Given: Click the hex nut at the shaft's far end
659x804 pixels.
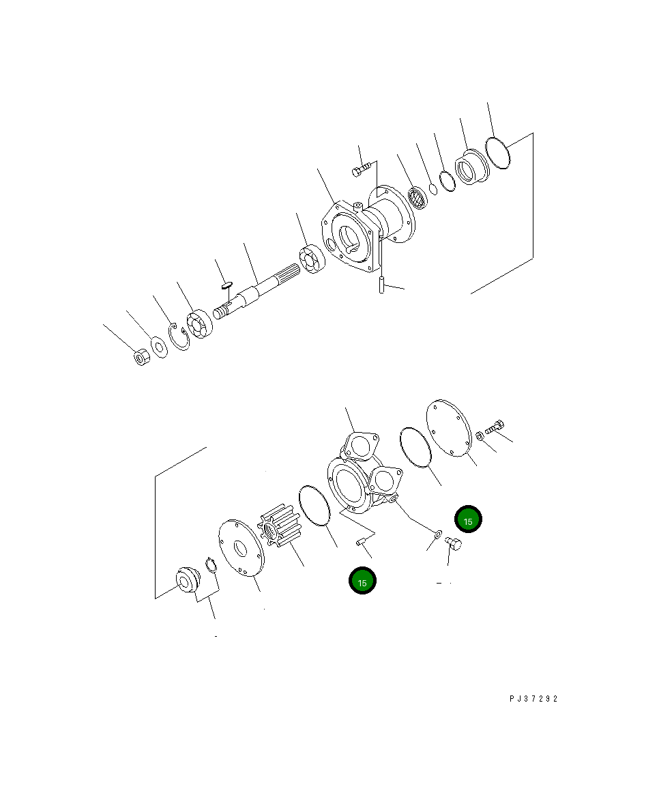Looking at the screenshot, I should click(141, 357).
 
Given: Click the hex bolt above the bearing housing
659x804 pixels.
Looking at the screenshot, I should click(362, 168).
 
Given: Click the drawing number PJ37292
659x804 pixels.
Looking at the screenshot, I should click(533, 699).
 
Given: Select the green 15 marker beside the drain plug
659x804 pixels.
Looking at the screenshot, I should click(469, 521).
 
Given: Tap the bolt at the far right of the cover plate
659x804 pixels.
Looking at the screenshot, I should click(495, 427).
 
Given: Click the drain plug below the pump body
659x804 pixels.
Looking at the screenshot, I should click(452, 544).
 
